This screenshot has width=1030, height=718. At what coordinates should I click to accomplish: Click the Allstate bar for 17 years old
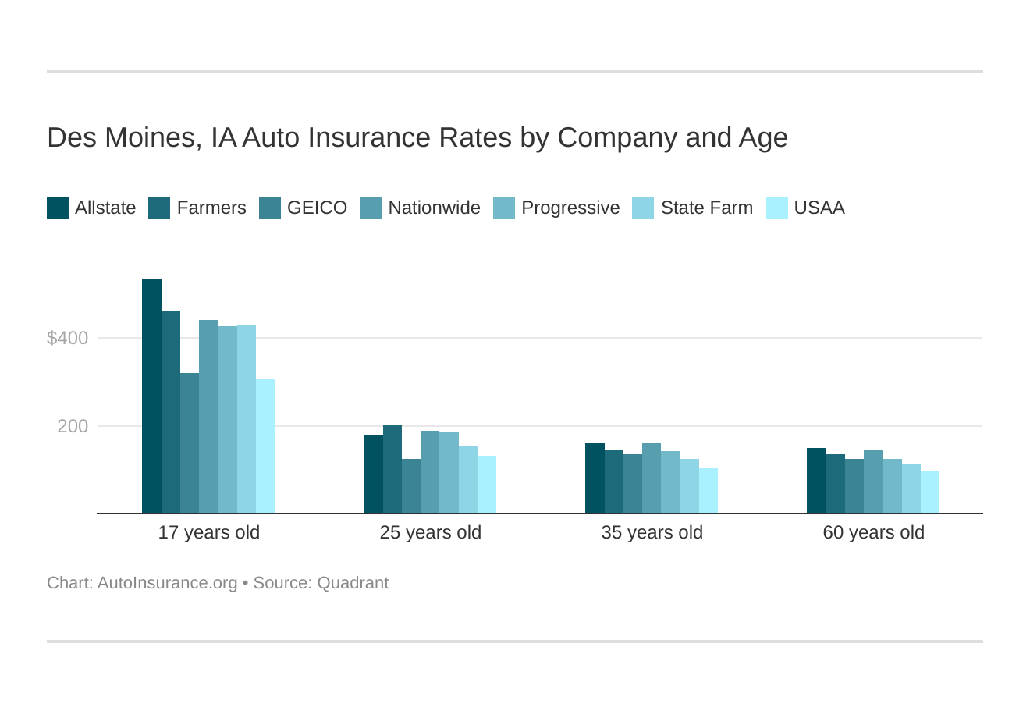point(151,396)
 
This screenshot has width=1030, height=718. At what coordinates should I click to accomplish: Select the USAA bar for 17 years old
point(265,446)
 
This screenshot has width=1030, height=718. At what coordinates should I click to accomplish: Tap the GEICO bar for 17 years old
point(190,443)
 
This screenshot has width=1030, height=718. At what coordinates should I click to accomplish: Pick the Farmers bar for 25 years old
point(392,469)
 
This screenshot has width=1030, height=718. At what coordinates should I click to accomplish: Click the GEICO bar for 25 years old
point(411,486)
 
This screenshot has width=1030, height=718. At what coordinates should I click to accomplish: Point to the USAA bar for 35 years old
point(709,491)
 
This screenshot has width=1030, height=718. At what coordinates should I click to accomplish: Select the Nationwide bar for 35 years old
point(652,478)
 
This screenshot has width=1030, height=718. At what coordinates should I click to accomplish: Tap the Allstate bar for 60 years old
point(816,481)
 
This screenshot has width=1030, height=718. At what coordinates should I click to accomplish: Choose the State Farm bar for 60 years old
point(911,489)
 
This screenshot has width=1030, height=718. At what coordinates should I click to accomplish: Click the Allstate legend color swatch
point(58,208)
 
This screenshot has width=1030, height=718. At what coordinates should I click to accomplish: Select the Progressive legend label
point(570,208)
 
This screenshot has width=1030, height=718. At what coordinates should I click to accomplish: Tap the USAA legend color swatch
point(777,208)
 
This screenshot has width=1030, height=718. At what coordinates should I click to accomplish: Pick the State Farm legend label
point(706,208)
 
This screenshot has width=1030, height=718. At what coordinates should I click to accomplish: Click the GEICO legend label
point(317,208)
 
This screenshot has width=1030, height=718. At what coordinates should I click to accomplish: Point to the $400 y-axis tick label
point(68,338)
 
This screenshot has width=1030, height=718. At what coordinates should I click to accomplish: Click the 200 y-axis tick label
point(73,426)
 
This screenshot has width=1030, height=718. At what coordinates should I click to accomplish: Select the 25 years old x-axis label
point(431,532)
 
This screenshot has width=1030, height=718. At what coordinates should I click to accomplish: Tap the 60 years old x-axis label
point(874,532)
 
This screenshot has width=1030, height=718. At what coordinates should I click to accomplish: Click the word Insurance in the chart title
point(370,137)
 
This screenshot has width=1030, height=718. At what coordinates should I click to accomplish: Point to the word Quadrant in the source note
point(353,583)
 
